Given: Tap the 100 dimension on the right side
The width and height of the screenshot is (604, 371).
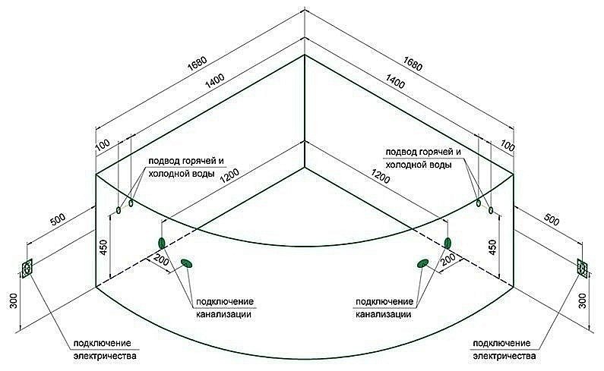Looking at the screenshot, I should click(508, 146).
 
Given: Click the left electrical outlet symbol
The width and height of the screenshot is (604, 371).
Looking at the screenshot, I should click(27, 269).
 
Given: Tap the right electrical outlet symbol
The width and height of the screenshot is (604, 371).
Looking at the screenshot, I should click(582, 267).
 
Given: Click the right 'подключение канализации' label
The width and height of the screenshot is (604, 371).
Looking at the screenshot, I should click(384, 306).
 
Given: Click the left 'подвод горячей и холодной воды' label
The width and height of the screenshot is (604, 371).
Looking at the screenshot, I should click(187, 165).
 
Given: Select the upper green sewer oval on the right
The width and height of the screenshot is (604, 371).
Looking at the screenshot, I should click(448, 243).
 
